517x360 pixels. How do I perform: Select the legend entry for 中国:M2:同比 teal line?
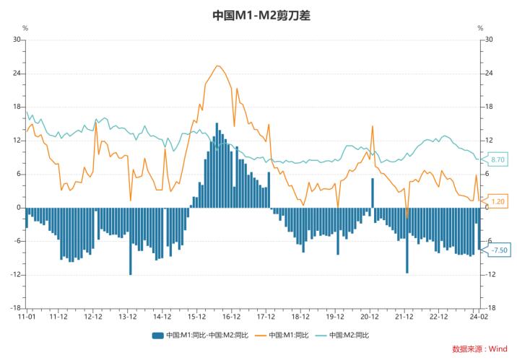point(347,335)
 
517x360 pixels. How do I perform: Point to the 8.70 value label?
point(498,159)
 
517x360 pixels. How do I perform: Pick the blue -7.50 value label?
point(498,250)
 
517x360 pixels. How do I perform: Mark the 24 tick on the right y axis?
point(488,74)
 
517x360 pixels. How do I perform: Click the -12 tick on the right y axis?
point(490,275)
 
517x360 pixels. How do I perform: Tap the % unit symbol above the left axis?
point(25,28)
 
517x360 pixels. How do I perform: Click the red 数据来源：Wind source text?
point(479,349)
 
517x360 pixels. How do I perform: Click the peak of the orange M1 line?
point(217,66)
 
